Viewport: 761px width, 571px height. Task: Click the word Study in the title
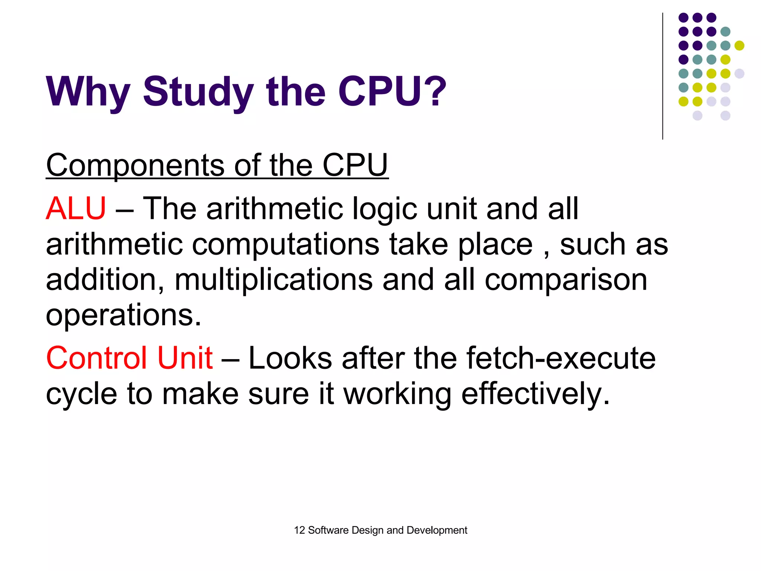(198, 91)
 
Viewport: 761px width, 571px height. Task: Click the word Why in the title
(88, 91)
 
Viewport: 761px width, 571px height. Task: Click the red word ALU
(76, 209)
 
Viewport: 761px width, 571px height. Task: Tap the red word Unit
(185, 358)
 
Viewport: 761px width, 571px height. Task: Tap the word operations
(123, 315)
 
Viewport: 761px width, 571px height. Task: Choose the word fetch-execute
(561, 358)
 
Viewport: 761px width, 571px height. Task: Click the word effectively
(535, 394)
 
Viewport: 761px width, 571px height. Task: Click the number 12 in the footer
(299, 530)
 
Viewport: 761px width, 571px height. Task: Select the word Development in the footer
(437, 530)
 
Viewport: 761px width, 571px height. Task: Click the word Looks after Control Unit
(290, 358)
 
